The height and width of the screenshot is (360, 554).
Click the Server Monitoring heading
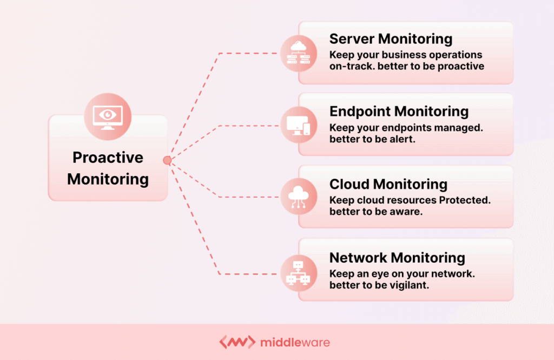pos(391,39)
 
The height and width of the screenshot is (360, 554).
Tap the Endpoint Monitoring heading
pos(399,112)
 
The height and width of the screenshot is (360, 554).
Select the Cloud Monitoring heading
pos(388,184)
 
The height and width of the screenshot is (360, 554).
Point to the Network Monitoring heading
pos(397,257)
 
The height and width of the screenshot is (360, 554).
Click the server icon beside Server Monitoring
pos(298,54)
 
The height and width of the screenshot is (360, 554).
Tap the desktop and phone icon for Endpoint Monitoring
pos(298,126)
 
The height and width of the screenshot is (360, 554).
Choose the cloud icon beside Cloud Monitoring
pos(298,199)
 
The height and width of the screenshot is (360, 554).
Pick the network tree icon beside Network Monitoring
pos(298,272)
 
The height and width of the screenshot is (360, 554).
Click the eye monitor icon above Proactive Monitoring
pos(108,116)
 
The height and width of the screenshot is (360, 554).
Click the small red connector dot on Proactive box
pos(167,160)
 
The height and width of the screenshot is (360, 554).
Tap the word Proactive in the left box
pos(108,158)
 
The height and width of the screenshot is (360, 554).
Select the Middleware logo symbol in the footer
pos(237,342)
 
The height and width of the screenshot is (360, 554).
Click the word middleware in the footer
pos(295,342)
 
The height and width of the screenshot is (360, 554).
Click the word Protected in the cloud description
pos(464,200)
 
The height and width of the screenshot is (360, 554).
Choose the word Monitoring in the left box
pos(108,179)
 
